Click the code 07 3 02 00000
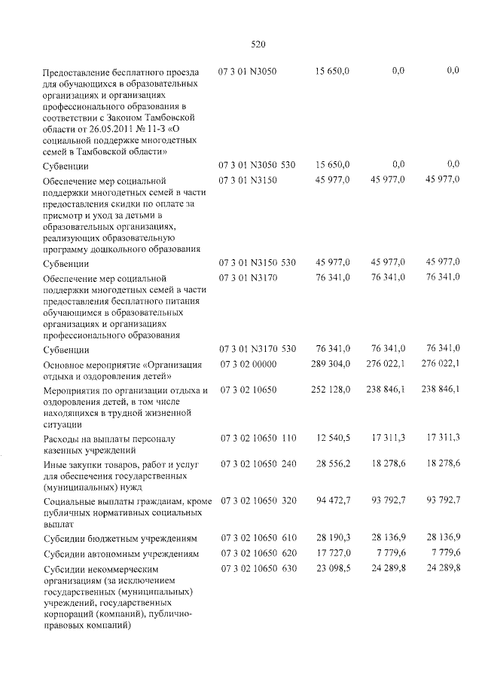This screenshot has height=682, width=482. coord(248,365)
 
